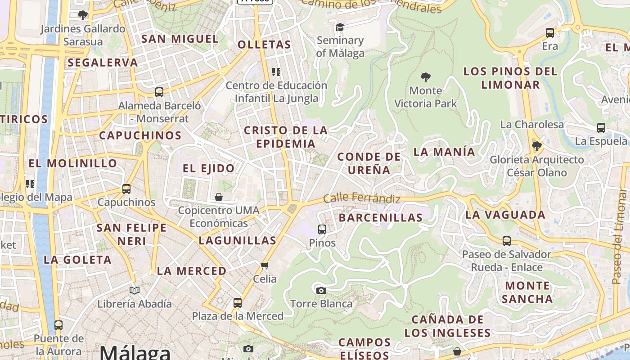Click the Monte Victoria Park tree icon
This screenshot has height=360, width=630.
point(425,77)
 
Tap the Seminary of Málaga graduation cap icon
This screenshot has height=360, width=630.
point(340,27)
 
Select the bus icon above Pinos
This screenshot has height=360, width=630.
point(322,229)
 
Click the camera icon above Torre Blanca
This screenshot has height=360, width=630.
point(321,290)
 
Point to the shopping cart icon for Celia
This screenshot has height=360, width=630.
point(265,265)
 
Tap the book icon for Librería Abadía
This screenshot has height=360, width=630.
point(135,290)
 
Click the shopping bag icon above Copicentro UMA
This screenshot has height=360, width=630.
point(219,197)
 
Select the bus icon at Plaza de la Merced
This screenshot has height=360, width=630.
point(238,303)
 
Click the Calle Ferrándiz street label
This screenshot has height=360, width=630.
point(362,198)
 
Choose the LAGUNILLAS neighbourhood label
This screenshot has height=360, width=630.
point(237,240)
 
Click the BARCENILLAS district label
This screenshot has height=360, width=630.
point(381,218)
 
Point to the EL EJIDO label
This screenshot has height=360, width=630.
point(209,168)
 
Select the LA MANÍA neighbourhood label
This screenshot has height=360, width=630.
point(444,152)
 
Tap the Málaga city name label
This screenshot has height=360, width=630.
point(135,352)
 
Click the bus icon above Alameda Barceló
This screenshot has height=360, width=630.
point(159,92)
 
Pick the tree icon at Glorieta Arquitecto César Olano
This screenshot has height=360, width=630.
point(536,146)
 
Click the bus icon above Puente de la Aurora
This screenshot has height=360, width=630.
point(58,325)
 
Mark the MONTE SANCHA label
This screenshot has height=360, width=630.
point(527,292)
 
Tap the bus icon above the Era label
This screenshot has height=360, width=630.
point(550,33)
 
